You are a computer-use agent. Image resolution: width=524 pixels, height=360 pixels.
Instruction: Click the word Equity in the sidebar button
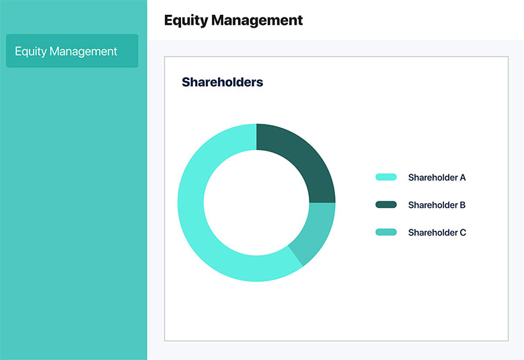click(30, 51)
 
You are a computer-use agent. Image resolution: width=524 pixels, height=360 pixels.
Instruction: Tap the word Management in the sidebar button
click(83, 51)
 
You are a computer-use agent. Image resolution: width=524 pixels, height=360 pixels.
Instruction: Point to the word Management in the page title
click(257, 20)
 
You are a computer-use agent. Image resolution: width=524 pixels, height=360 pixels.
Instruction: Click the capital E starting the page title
click(168, 20)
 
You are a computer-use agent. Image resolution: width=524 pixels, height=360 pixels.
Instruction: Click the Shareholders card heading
click(222, 82)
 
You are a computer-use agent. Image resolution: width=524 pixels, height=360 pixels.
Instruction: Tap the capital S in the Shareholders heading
click(186, 82)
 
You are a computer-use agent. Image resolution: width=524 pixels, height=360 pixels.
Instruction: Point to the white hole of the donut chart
click(256, 203)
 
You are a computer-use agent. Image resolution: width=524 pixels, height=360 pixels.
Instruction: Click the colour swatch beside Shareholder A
click(386, 177)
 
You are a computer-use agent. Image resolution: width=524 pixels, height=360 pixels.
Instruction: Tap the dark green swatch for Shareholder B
click(386, 205)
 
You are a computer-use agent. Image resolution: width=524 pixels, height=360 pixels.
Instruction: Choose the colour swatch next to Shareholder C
click(386, 232)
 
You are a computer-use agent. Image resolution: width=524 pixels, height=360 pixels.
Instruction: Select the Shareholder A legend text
click(437, 178)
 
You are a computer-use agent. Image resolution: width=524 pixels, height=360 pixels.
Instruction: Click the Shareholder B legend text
click(437, 205)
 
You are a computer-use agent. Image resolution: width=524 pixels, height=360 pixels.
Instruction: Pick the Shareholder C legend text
click(437, 232)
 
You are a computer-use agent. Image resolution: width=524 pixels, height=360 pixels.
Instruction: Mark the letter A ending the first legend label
click(463, 178)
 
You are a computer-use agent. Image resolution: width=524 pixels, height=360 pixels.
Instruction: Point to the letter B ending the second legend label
click(463, 205)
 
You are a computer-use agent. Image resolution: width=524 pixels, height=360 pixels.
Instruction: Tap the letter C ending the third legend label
click(463, 232)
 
